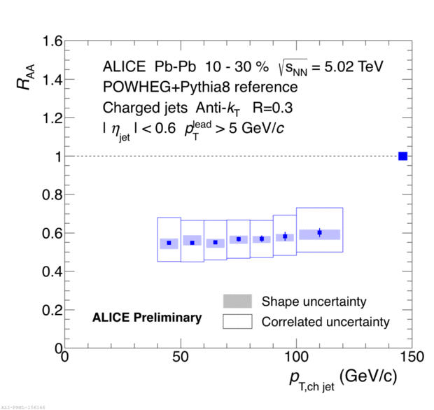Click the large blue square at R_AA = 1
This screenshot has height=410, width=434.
[x=402, y=155]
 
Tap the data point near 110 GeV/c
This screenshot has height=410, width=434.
[x=319, y=232]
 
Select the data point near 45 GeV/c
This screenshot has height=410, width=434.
[x=169, y=243]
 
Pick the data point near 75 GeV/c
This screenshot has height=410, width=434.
[x=239, y=239]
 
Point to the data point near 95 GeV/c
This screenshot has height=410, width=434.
[x=285, y=236]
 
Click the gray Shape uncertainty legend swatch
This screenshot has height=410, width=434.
[x=237, y=302]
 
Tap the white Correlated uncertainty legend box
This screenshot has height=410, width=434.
[x=237, y=322]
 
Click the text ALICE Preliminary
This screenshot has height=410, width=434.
[x=147, y=318]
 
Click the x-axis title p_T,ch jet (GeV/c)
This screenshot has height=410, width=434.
[x=343, y=379]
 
